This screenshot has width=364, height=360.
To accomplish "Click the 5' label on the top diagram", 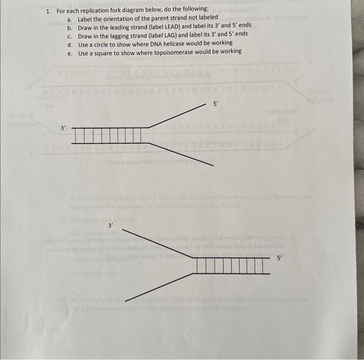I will pos(217,105).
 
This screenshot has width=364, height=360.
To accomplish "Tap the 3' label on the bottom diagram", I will pos(110,225).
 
